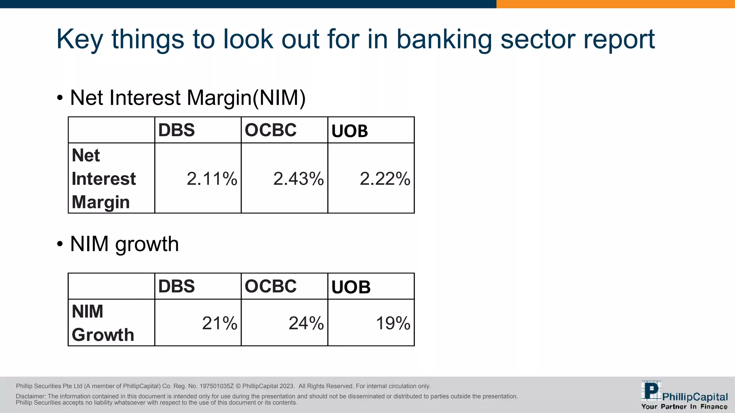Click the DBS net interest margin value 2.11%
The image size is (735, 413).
click(212, 179)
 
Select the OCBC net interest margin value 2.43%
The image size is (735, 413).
click(298, 179)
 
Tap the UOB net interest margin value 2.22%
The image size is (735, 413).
click(385, 179)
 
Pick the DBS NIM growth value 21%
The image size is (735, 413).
click(220, 323)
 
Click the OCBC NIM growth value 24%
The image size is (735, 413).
click(306, 323)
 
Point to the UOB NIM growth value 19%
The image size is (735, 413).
click(393, 323)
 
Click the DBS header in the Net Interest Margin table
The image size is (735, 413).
click(177, 130)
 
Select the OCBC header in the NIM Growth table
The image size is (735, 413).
click(271, 286)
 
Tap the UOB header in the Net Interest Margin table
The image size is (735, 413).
click(350, 131)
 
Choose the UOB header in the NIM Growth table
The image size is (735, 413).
click(351, 287)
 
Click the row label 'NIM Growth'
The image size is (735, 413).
click(103, 323)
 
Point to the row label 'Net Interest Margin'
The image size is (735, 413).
click(104, 179)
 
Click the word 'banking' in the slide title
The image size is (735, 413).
click(444, 39)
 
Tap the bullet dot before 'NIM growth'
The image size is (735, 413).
click(60, 244)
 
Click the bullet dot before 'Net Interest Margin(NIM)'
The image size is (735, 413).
click(60, 98)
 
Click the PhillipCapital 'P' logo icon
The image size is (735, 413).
click(651, 391)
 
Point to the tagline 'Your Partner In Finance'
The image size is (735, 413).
click(684, 407)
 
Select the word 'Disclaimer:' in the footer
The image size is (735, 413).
click(31, 396)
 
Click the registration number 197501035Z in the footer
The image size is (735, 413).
click(216, 386)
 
